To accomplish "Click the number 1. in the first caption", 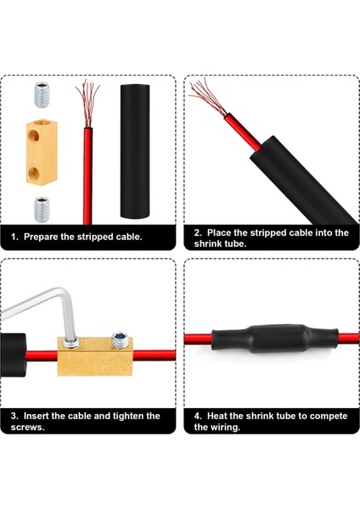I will tap(15, 237).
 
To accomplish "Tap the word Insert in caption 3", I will tap(41, 416).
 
